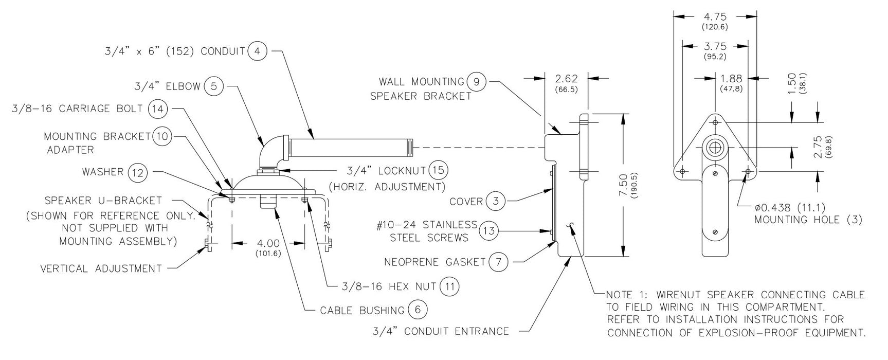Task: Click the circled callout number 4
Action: (257, 51)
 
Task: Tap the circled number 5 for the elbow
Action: (214, 86)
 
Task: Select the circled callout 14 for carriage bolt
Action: (158, 109)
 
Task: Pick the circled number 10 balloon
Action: (162, 136)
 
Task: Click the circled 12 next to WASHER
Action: (137, 172)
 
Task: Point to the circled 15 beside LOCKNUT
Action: (438, 170)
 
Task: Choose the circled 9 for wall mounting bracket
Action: (476, 81)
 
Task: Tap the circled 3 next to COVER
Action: (496, 201)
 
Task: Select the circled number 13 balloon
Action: (488, 231)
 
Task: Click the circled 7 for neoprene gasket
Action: (498, 262)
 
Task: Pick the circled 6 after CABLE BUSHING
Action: (418, 310)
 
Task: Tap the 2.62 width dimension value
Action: (567, 79)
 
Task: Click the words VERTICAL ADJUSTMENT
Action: (101, 268)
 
